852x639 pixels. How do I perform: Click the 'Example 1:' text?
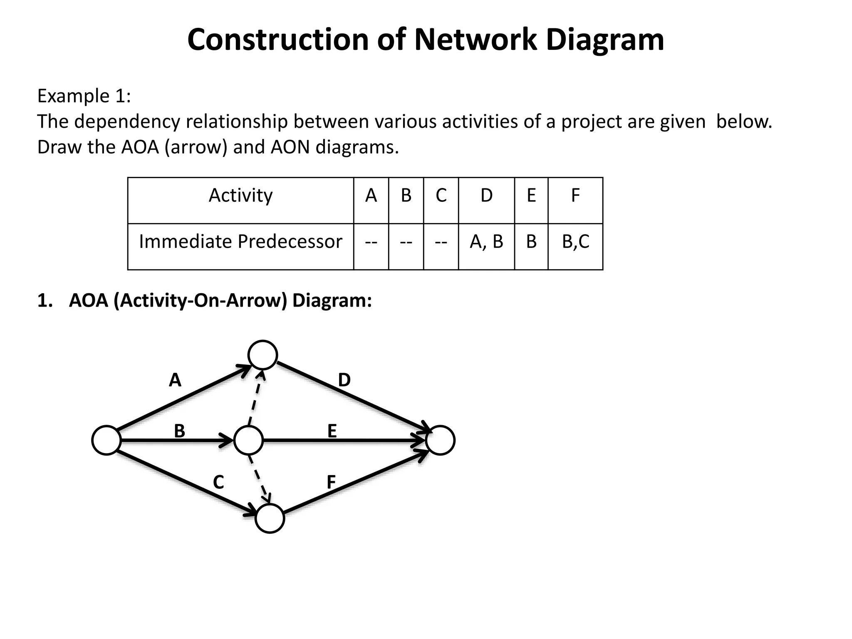pos(84,96)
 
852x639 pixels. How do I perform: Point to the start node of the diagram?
pos(106,440)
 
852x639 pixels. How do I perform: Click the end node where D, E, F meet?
pos(441,440)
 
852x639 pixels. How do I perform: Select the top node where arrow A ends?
pos(263,355)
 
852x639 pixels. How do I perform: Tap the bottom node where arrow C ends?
pos(270,518)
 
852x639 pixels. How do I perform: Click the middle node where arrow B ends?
pos(248,440)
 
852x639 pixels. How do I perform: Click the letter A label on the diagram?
pos(175,380)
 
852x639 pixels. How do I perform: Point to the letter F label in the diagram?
pos(331,482)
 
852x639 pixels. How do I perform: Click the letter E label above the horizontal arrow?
pos(332,431)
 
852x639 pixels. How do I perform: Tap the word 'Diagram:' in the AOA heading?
pos(332,300)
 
